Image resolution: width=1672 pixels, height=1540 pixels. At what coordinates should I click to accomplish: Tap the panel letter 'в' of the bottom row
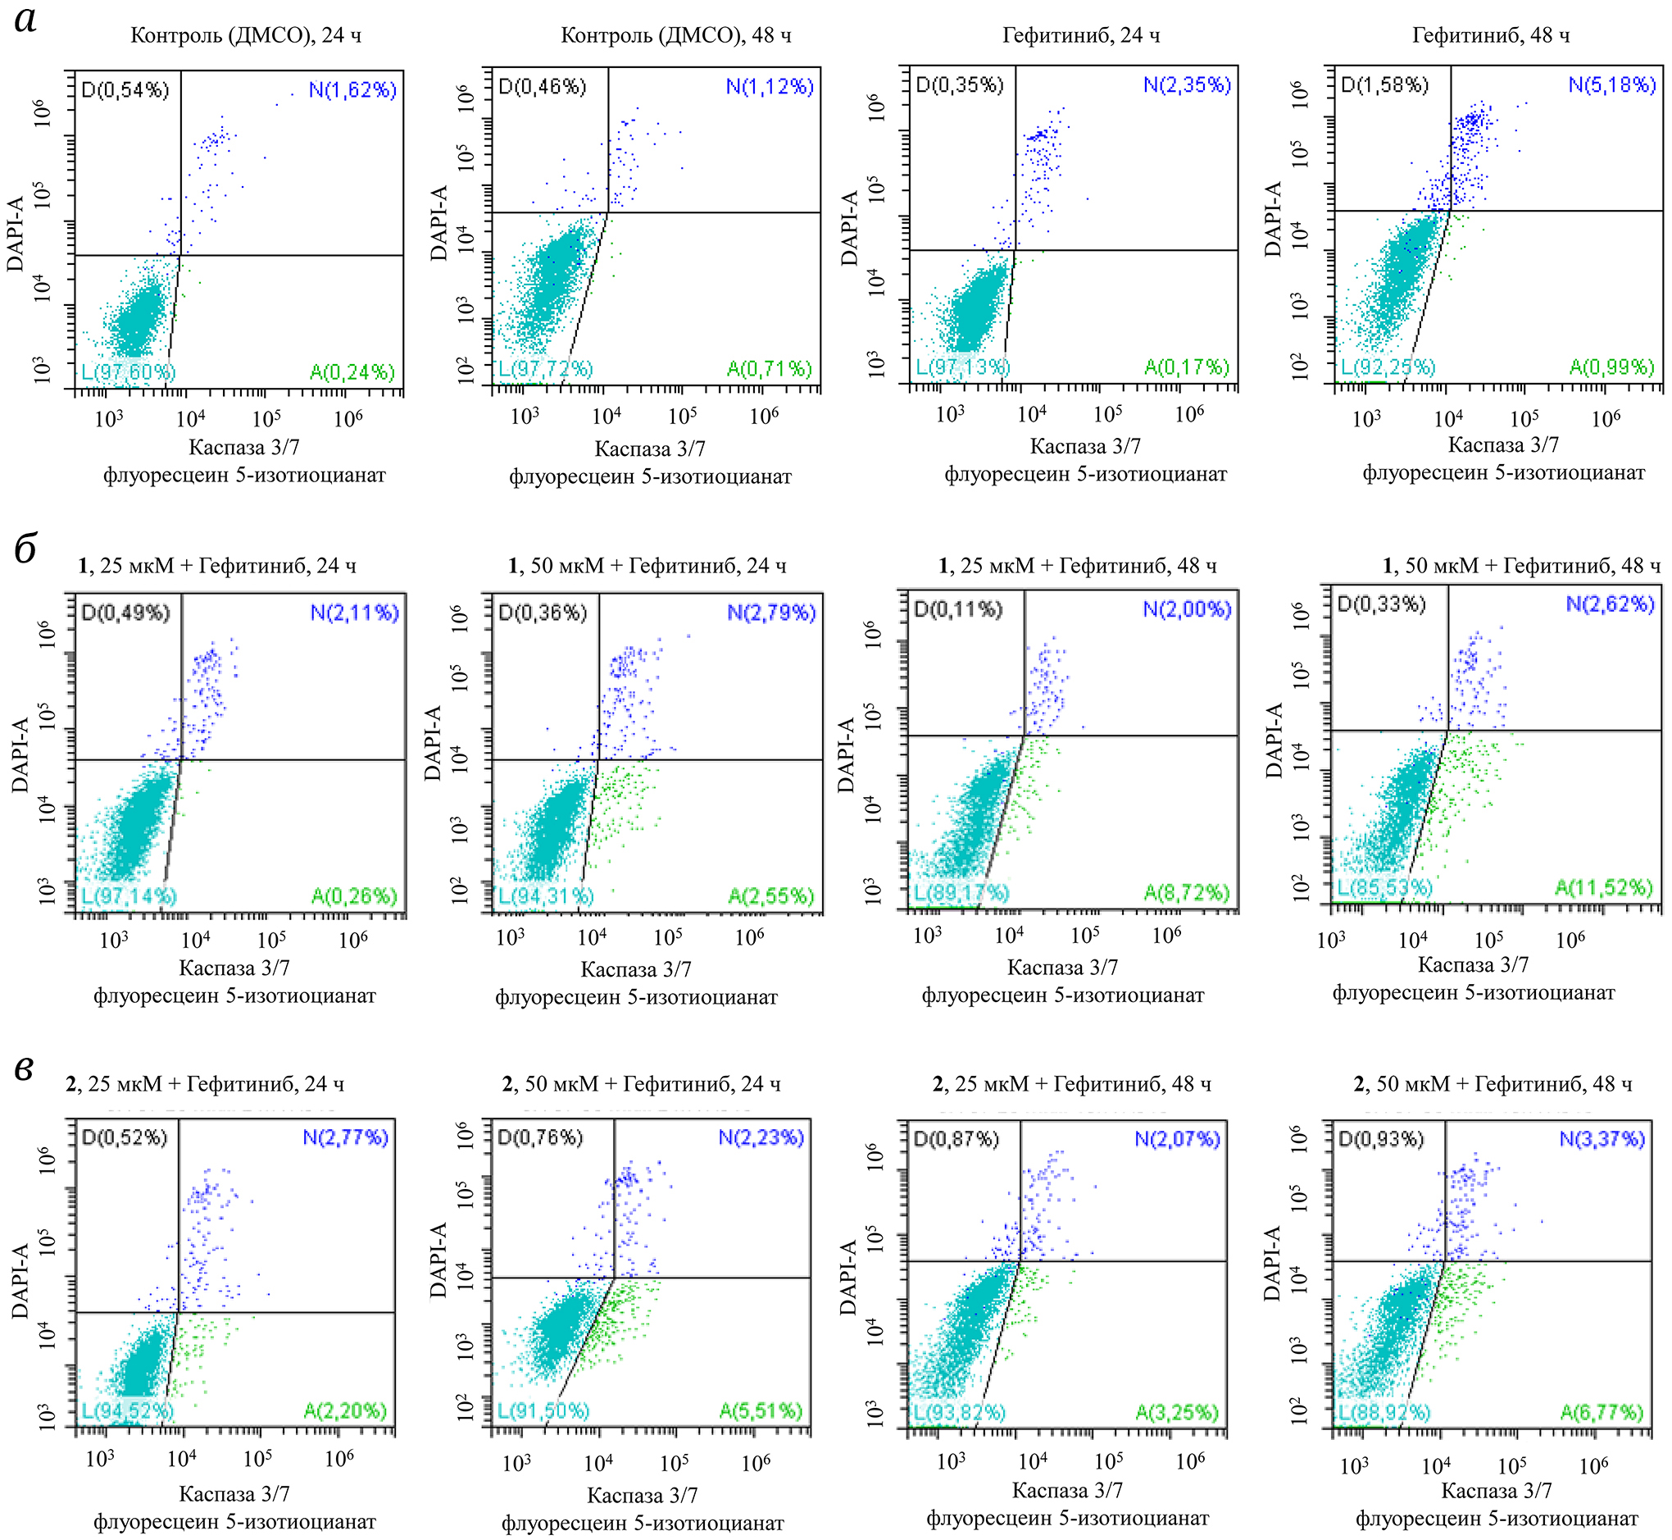(24, 1069)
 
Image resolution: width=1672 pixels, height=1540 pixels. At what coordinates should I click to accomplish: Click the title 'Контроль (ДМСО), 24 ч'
(246, 36)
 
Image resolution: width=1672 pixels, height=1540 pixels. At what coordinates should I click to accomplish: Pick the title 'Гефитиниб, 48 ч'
(1490, 36)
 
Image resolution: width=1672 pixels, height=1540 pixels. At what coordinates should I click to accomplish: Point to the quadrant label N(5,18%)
(1612, 86)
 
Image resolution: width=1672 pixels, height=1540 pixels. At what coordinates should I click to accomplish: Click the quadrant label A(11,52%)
(1604, 888)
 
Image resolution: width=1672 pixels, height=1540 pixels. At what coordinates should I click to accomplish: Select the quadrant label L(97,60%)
(129, 371)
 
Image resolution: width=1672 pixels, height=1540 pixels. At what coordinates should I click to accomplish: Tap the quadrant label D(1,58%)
(1384, 86)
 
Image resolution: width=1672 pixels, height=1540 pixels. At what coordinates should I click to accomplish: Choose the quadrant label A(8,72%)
(1186, 893)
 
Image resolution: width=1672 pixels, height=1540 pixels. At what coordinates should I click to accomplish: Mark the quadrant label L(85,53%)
(1384, 888)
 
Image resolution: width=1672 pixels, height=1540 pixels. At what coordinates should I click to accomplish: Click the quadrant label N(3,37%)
(1602, 1138)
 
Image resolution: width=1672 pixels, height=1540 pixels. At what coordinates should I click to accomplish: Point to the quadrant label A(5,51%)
(761, 1410)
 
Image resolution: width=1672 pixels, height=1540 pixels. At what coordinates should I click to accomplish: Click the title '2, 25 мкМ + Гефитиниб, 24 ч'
(205, 1084)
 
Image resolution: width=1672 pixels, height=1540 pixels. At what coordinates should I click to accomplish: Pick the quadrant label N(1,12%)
(770, 87)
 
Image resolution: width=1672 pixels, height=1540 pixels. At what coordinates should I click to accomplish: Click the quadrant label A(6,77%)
(1602, 1413)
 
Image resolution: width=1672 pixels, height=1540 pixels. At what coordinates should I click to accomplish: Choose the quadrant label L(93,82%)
(960, 1413)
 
